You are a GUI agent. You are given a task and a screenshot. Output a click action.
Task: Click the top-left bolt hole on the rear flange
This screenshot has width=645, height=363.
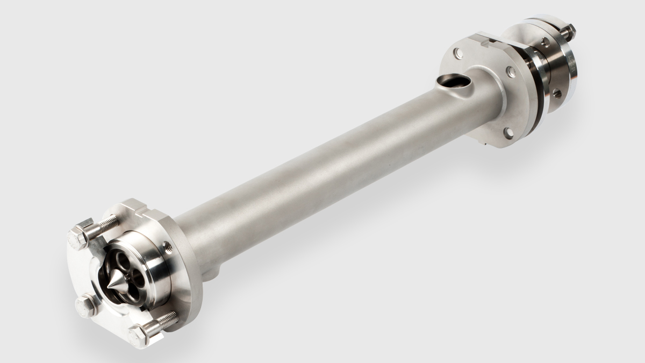457,53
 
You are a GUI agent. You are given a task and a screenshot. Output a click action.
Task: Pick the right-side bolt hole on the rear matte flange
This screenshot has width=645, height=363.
511,70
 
